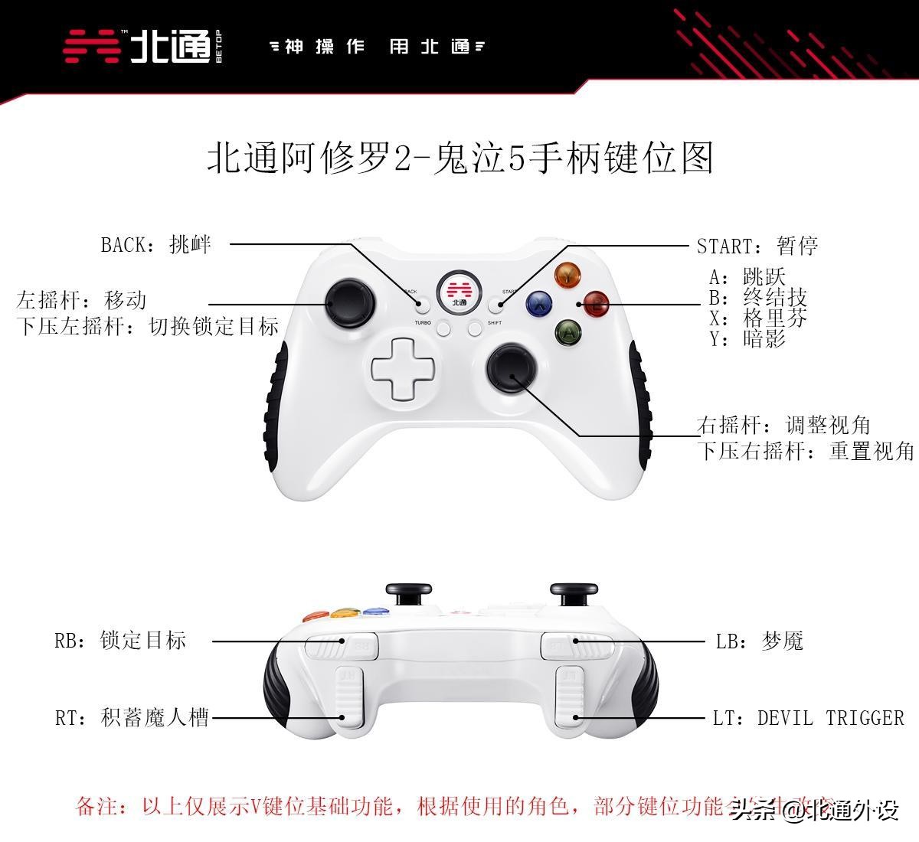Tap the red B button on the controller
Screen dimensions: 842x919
click(x=596, y=304)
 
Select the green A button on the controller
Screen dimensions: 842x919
click(x=568, y=332)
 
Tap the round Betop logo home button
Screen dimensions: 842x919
click(x=459, y=291)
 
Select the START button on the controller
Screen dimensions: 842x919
click(x=496, y=305)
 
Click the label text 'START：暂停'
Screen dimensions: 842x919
click(x=757, y=246)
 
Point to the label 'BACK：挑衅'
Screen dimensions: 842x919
click(x=155, y=245)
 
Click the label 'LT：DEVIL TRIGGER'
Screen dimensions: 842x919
click(x=808, y=718)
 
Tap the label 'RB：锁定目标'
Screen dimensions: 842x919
click(x=120, y=640)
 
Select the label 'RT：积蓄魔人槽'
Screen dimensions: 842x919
click(x=132, y=718)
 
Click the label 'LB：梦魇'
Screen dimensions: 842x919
click(x=759, y=641)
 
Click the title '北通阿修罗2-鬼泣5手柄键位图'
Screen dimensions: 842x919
click(x=459, y=158)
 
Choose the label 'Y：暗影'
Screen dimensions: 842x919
click(x=747, y=339)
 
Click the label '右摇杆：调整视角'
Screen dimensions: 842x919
click(x=783, y=425)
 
